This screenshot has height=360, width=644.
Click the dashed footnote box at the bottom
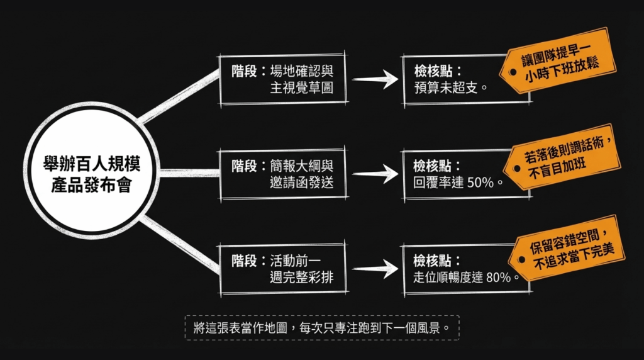[x=322, y=328]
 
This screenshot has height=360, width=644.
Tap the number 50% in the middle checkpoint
[x=480, y=183]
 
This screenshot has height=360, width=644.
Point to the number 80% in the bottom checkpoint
[x=497, y=277]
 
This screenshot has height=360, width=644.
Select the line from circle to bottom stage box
[x=179, y=242]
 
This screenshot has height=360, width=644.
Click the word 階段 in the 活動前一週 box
[x=244, y=260]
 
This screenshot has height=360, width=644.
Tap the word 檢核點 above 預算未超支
[x=433, y=71]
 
